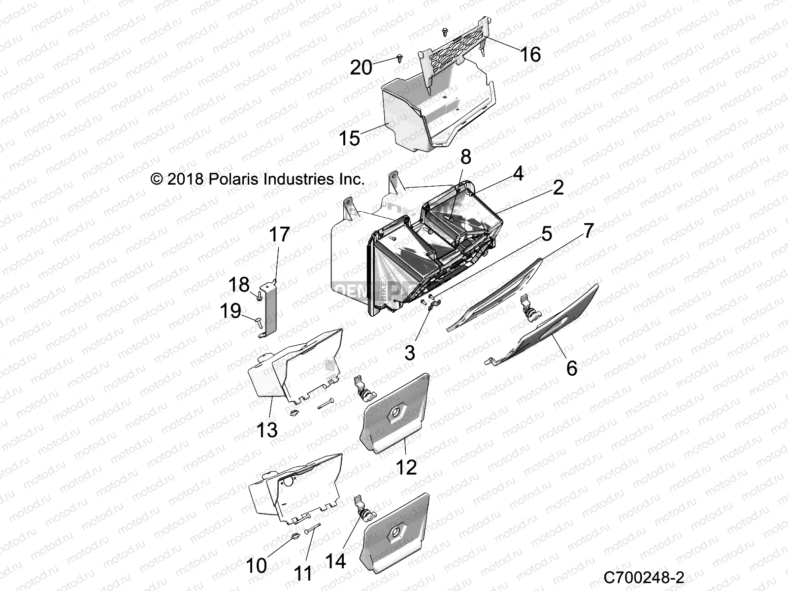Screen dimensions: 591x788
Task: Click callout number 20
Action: point(361,67)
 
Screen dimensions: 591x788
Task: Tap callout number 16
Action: point(530,54)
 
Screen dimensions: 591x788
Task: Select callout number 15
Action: point(349,138)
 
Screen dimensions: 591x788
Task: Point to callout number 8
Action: point(465,157)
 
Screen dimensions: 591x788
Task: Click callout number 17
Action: point(279,235)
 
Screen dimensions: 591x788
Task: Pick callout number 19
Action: point(230,311)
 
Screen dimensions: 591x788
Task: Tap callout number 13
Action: point(267,430)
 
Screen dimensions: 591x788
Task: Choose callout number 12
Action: point(406,467)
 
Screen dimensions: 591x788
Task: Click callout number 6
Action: point(571,368)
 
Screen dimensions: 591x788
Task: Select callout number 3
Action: point(410,353)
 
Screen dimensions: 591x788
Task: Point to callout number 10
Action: point(256,566)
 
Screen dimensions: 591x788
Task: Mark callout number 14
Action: point(336,561)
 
